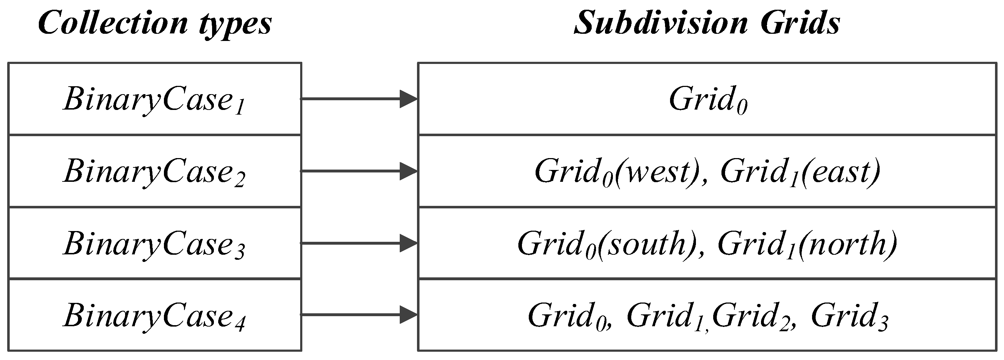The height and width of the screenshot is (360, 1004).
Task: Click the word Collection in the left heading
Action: tap(113, 23)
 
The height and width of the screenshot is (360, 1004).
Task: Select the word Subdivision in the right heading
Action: tap(661, 23)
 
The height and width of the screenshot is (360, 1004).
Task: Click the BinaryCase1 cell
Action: tap(154, 100)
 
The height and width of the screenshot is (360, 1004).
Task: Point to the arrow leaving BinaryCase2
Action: tap(359, 171)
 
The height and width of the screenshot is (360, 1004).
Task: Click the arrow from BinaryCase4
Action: tap(359, 315)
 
